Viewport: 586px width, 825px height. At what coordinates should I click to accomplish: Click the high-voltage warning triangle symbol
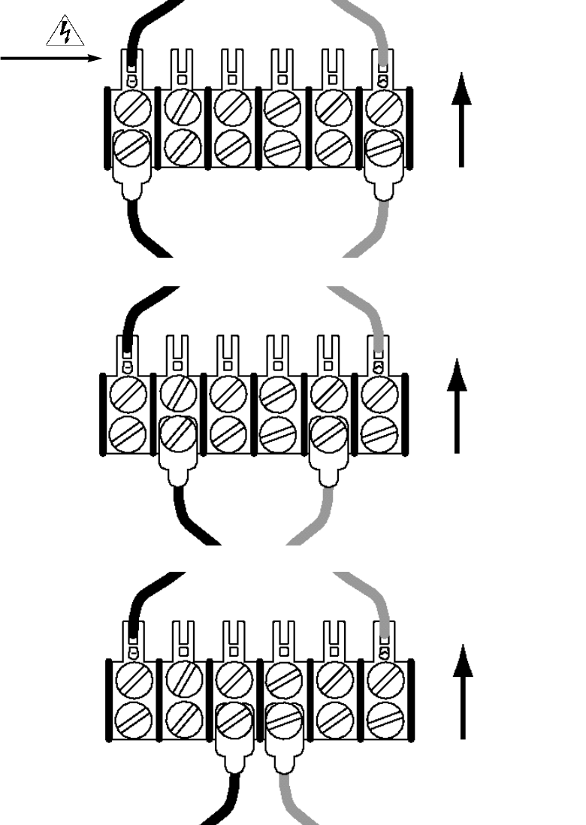point(65,32)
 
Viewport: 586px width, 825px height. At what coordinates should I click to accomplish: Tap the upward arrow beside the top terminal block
point(461,120)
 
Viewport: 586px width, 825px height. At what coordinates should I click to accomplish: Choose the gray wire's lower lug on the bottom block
point(282,736)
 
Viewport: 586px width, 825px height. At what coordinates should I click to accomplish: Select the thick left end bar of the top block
point(107,126)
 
